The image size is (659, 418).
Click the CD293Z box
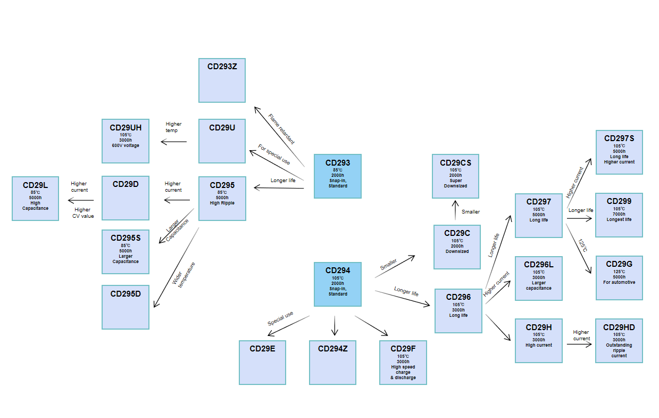coord(222,80)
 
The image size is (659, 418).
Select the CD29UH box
coord(125,141)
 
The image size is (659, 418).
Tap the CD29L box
coord(35,198)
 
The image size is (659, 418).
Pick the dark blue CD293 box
coord(337,176)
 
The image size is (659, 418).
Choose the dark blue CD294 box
coord(337,284)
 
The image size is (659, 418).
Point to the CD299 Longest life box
coord(619,215)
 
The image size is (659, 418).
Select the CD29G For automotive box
coord(619,277)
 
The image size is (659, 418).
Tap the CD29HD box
coord(619,341)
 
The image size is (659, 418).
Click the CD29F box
coord(403,362)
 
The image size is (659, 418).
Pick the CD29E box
coord(262,362)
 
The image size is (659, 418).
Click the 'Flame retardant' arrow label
coord(281,129)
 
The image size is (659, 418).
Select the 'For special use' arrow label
coord(274,154)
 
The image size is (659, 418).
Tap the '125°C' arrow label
coord(583,245)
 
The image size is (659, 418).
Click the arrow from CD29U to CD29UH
coord(174,142)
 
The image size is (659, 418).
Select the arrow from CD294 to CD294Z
coord(334,325)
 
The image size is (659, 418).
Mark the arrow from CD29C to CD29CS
coord(455,210)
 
